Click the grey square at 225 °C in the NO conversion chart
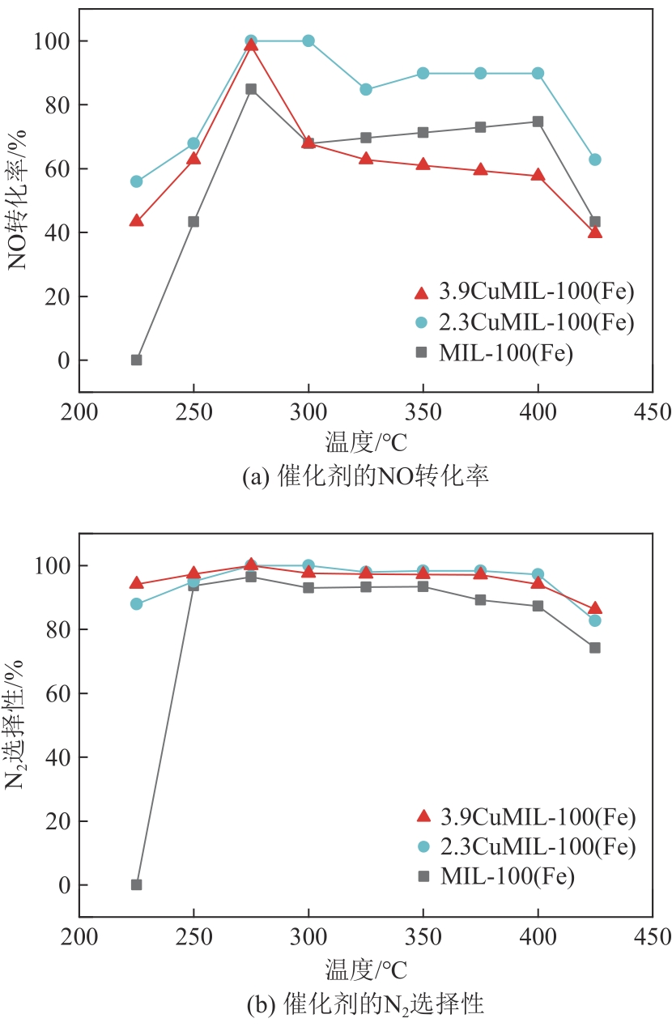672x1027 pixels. pos(136,360)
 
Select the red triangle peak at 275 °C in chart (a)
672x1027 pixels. pos(251,45)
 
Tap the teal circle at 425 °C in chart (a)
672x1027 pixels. pos(595,160)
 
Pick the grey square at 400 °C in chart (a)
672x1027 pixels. pos(538,121)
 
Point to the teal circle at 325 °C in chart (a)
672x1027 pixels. pos(366,89)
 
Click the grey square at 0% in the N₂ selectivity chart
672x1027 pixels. pos(136,884)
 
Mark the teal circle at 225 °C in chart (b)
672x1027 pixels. pos(136,603)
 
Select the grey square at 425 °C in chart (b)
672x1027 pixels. pos(595,647)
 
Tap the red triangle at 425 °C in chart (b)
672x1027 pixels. pos(595,608)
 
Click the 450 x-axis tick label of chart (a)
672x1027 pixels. pos(653,411)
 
